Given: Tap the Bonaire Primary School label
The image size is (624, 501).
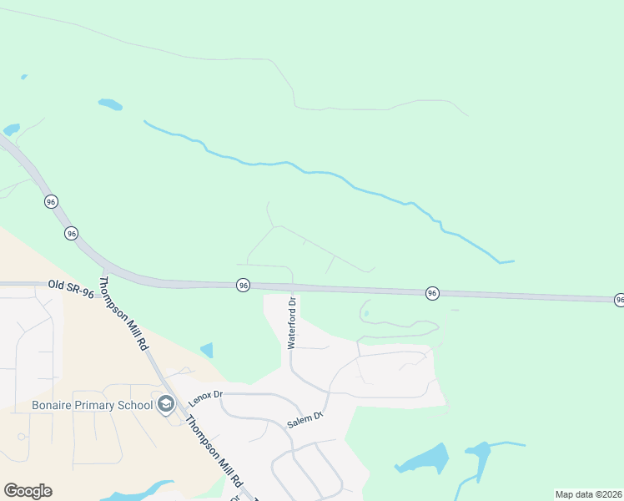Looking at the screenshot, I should point(92,406).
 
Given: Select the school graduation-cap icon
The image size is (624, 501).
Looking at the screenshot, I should point(165,405).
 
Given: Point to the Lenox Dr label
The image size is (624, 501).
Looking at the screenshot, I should point(205,393).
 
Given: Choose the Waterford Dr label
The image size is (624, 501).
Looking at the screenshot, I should point(292,322).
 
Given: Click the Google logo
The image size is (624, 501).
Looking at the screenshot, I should point(28,491).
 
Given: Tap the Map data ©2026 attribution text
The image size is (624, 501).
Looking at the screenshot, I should point(588,494).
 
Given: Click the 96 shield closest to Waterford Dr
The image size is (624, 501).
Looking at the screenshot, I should point(243,285).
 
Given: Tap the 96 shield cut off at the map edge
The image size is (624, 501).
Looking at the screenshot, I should point(619,299).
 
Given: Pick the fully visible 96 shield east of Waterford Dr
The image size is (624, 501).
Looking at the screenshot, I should point(432,293).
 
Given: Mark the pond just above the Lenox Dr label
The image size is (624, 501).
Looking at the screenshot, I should point(207,351).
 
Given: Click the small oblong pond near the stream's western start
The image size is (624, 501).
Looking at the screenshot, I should point(109,104).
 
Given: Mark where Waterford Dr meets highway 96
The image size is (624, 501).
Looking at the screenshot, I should point(292,288).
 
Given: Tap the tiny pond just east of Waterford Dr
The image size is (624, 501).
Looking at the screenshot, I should point(366,314).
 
